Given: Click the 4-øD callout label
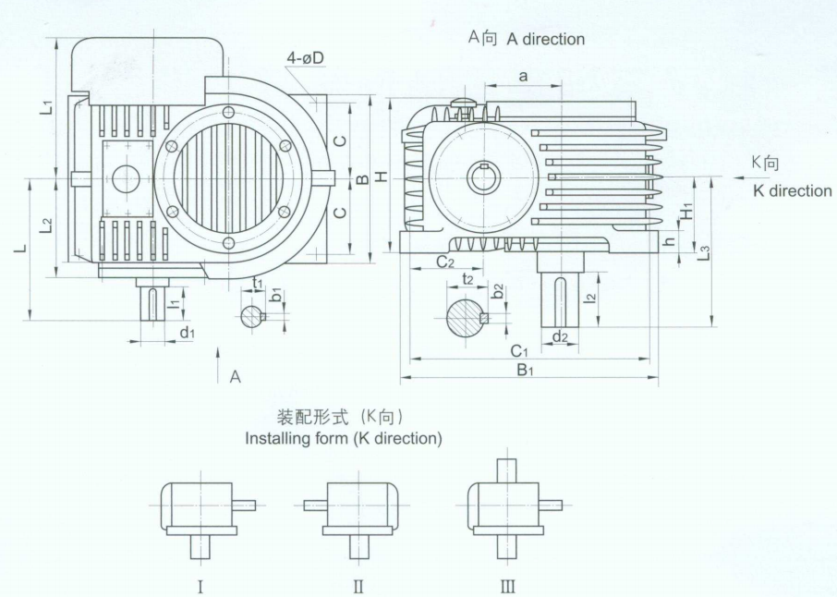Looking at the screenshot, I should tap(305, 58).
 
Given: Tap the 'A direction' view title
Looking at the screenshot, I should tap(526, 39).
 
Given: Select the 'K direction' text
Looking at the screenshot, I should tap(792, 190).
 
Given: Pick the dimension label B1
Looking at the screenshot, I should tap(527, 371).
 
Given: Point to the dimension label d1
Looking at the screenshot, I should tap(187, 333).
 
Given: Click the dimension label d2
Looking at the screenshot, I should tap(559, 336).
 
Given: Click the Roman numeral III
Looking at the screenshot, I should tap(507, 586).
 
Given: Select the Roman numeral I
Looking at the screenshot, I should tap(200, 586).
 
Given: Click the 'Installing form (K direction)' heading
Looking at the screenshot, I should tap(343, 438).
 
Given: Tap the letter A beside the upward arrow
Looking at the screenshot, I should tap(236, 376).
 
